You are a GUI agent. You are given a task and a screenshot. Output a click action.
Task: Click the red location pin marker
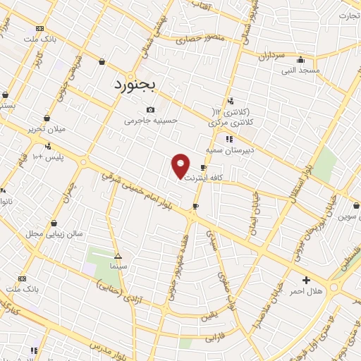[x=180, y=166]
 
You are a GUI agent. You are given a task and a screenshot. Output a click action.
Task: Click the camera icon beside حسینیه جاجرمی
[x=150, y=109]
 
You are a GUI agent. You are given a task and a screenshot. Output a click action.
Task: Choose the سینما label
[x=117, y=268]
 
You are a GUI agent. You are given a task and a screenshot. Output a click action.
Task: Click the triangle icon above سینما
[x=117, y=256]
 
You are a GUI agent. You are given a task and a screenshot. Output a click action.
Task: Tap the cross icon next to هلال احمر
[x=305, y=280]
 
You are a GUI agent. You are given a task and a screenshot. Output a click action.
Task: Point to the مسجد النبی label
[x=301, y=71]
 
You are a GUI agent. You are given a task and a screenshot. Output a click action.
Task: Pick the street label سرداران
[x=269, y=55]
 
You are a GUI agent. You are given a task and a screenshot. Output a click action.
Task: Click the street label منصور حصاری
[x=189, y=39]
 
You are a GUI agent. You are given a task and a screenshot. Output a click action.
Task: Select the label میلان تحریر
[x=46, y=130]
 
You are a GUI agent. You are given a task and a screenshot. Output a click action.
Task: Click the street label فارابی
[x=214, y=338]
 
